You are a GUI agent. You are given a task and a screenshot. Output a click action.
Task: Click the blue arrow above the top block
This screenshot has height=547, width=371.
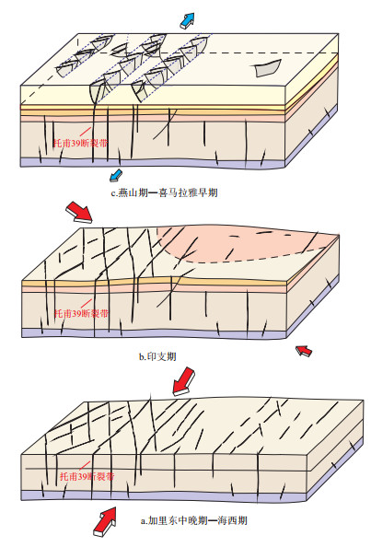(187, 20)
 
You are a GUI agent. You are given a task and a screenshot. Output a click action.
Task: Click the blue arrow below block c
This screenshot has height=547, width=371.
(116, 175)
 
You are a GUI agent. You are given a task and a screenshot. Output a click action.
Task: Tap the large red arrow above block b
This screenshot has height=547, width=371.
(79, 212)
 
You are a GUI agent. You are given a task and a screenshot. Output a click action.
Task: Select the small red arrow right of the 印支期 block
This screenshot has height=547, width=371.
(304, 351)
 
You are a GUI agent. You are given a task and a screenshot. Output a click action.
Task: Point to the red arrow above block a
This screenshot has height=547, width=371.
(184, 381)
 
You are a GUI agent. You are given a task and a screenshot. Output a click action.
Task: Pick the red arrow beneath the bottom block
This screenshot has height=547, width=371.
(105, 521)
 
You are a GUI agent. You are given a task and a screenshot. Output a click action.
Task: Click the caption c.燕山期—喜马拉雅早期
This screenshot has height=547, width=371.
(164, 192)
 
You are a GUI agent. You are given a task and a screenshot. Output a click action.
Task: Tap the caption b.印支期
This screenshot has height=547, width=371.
(157, 356)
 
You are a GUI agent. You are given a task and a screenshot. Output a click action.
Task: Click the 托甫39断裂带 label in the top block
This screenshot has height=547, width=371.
(80, 143)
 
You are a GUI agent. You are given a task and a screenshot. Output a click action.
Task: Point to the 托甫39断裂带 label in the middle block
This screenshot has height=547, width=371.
(81, 313)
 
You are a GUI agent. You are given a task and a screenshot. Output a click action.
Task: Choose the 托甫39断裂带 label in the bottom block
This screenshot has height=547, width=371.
(87, 476)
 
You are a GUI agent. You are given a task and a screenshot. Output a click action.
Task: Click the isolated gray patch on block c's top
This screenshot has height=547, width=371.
(267, 68)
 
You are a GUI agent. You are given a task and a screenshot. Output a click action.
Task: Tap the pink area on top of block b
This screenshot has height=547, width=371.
(244, 244)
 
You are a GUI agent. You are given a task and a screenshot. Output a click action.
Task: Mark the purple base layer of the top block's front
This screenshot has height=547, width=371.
(154, 163)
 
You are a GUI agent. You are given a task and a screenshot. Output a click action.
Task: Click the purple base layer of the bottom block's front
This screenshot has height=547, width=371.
(164, 496)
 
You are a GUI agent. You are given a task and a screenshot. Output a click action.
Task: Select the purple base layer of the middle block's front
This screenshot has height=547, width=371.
(154, 333)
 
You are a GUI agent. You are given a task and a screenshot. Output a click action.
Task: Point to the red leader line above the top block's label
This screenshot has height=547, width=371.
(86, 132)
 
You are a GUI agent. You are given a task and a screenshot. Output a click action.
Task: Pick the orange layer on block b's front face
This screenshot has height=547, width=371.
(154, 283)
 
